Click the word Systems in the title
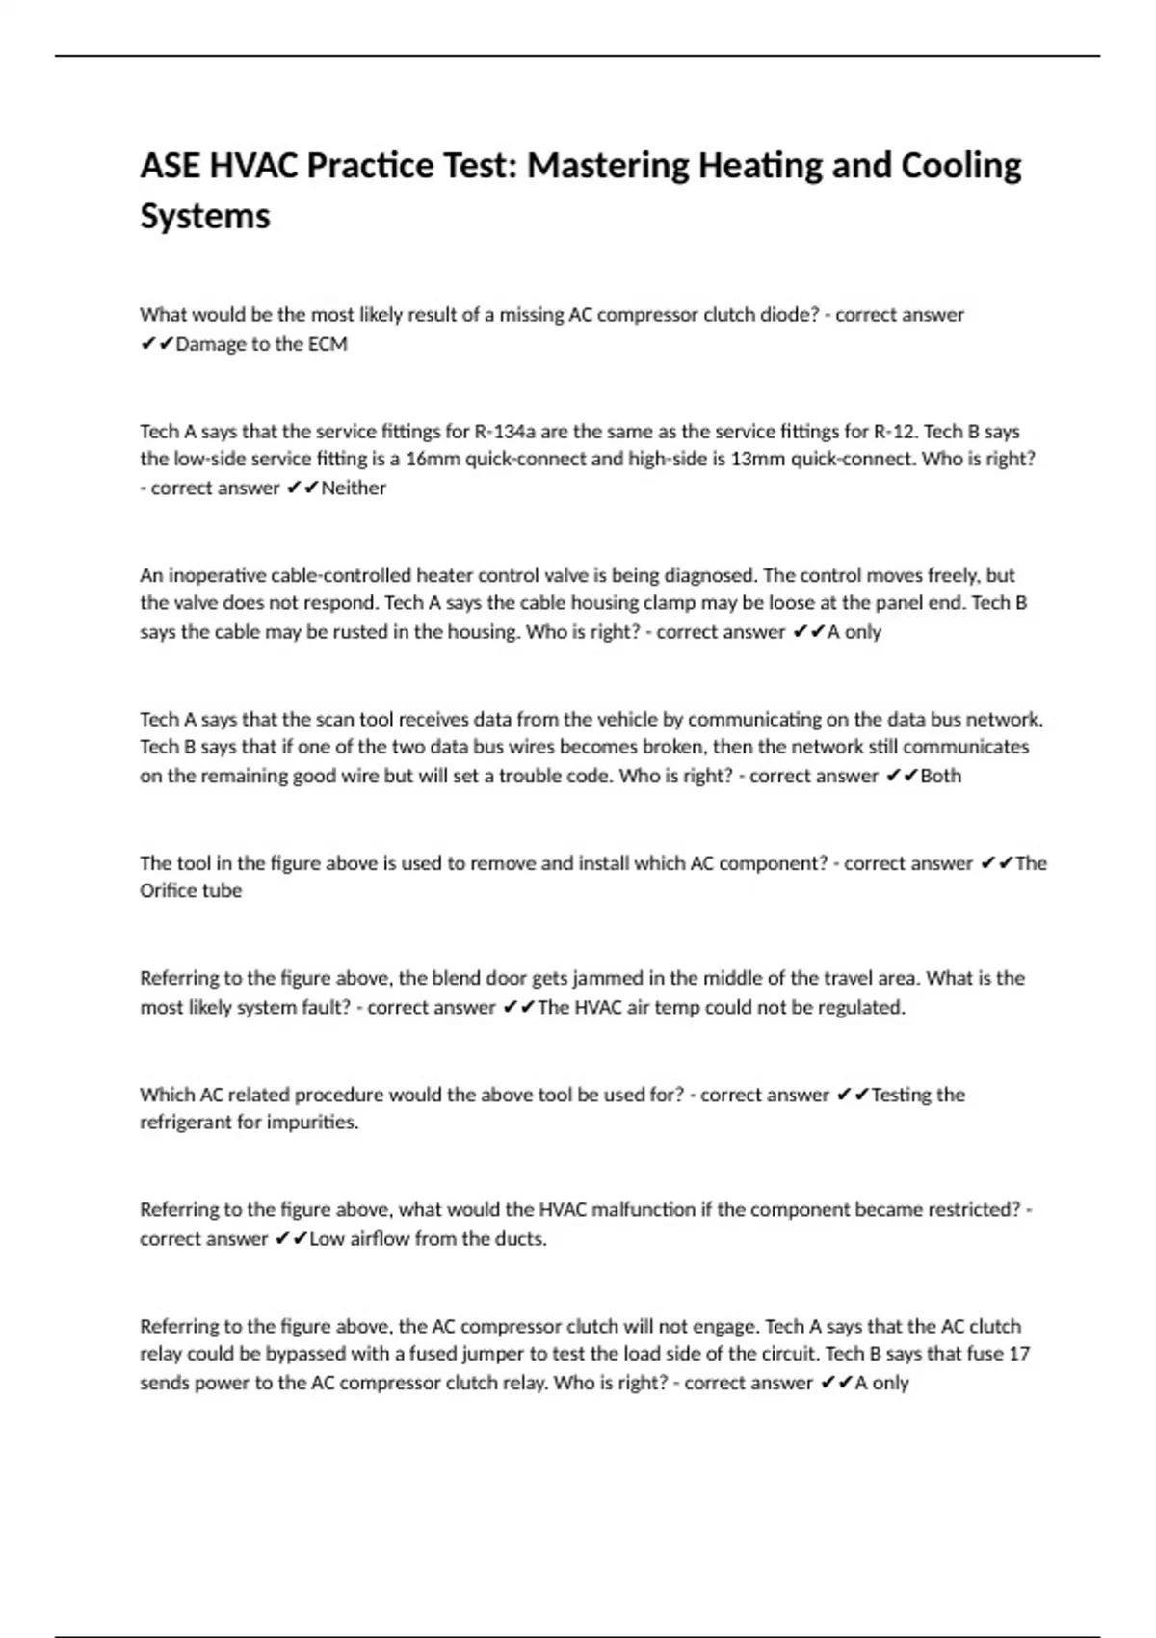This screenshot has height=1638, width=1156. coord(205,216)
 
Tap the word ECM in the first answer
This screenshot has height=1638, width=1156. coord(328,344)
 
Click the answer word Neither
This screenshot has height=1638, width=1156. coord(354,489)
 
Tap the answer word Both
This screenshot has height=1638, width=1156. coord(941,776)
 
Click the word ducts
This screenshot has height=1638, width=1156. coord(521,1239)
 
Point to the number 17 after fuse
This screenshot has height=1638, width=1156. coord(1019,1354)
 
